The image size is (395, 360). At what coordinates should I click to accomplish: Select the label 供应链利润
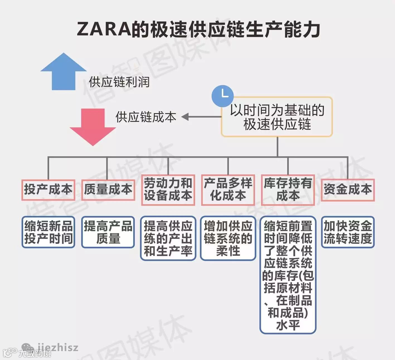point(119,82)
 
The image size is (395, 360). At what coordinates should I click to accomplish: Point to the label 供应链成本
point(146,117)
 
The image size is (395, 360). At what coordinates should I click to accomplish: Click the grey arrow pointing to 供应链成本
point(201,117)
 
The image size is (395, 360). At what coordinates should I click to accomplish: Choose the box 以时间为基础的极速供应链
point(277,117)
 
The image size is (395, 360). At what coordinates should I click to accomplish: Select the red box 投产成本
point(48,190)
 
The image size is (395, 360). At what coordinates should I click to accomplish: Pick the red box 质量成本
point(108,190)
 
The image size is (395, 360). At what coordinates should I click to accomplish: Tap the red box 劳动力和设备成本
point(168,190)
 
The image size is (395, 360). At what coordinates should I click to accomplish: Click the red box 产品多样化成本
point(228,190)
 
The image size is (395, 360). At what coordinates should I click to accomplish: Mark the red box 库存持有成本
point(288,190)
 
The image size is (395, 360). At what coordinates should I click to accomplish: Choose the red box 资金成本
point(348,190)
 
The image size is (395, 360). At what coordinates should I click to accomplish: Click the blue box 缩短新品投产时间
point(48,232)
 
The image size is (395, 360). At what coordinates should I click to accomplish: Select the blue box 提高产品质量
point(108,232)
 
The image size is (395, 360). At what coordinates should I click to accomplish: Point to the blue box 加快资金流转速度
point(348,232)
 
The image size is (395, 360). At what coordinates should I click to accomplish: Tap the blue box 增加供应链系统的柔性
point(228,238)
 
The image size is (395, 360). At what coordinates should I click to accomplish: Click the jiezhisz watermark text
point(58,347)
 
